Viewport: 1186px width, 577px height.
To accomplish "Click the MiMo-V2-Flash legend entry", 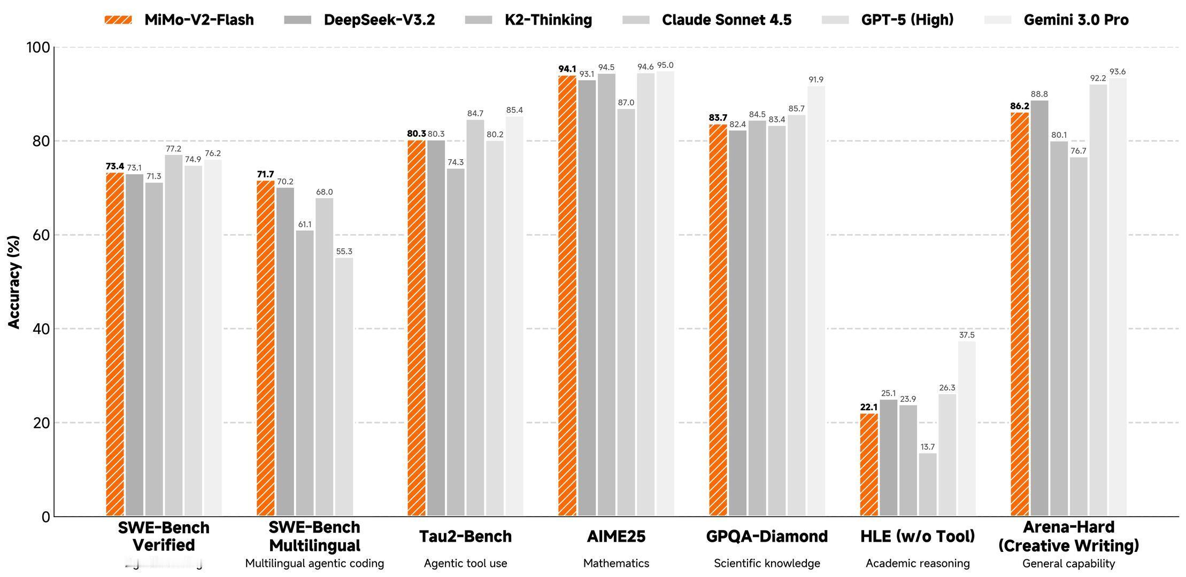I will click(x=179, y=20).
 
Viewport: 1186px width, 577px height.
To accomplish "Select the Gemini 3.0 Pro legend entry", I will click(x=1057, y=20).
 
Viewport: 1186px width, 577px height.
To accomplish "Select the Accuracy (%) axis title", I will click(x=14, y=282).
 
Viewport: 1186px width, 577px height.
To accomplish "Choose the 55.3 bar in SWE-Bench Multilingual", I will click(x=344, y=387).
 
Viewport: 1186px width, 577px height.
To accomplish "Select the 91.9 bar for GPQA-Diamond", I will click(x=816, y=301).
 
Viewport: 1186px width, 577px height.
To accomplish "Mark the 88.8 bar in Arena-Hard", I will click(x=1039, y=308).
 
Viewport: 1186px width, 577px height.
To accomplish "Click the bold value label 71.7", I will click(x=265, y=174).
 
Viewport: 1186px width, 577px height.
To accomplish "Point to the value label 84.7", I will click(x=475, y=113).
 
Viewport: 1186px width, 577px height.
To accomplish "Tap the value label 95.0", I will click(x=665, y=65).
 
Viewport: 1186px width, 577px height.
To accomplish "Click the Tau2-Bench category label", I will click(x=465, y=536).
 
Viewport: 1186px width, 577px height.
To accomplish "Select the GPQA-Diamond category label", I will click(x=767, y=536).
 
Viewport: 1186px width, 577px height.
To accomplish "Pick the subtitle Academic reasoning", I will click(x=918, y=563).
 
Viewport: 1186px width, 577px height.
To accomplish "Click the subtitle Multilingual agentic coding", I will click(x=314, y=563).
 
